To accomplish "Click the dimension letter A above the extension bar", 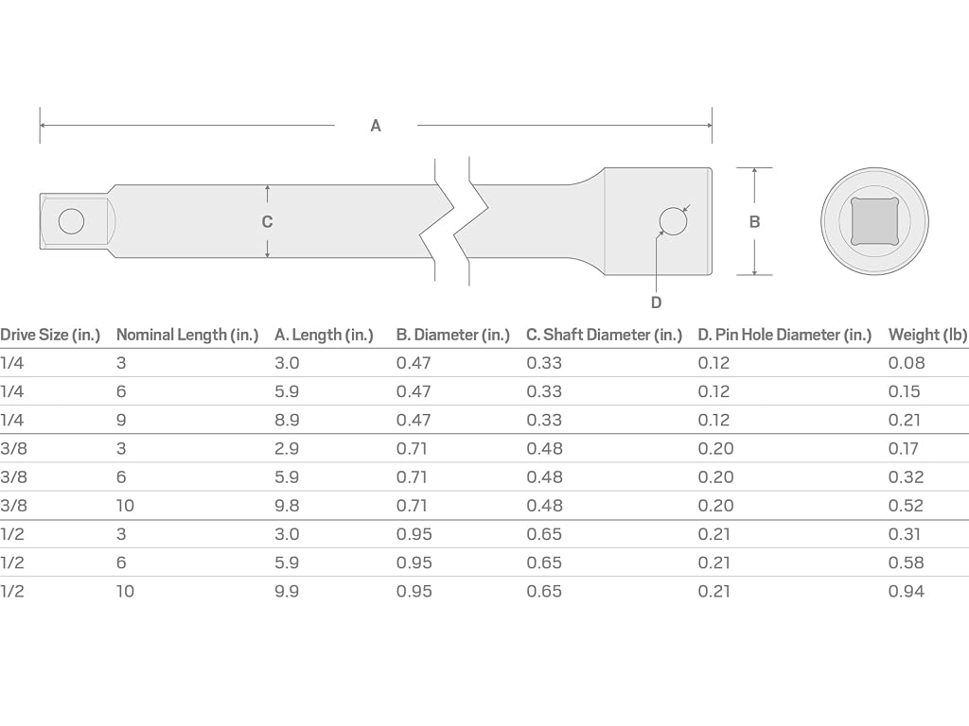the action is (375, 126).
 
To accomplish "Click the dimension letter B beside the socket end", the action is (754, 221).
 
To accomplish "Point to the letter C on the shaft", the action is (267, 221).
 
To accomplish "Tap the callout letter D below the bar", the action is (657, 302).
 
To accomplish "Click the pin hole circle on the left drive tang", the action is (71, 221).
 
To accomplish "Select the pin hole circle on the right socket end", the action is (673, 221).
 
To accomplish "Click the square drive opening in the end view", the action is (874, 221).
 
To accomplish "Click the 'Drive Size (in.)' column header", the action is (50, 335).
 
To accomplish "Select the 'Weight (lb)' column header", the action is (928, 335).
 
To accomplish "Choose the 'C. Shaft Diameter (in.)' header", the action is (604, 335).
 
